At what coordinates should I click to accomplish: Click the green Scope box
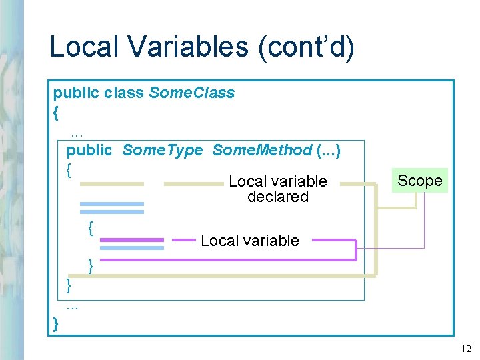click(420, 181)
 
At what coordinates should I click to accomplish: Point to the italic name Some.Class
click(192, 93)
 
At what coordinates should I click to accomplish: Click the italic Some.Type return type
click(162, 150)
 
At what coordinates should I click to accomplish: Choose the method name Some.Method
click(262, 150)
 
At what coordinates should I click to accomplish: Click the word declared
click(278, 197)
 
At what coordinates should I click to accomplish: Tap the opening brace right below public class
click(56, 111)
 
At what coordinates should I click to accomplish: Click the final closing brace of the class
click(56, 325)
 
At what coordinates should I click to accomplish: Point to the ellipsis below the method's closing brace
click(73, 307)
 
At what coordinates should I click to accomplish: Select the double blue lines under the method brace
click(111, 207)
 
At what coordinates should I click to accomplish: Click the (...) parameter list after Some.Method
click(329, 150)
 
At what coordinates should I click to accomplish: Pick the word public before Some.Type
click(89, 150)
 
